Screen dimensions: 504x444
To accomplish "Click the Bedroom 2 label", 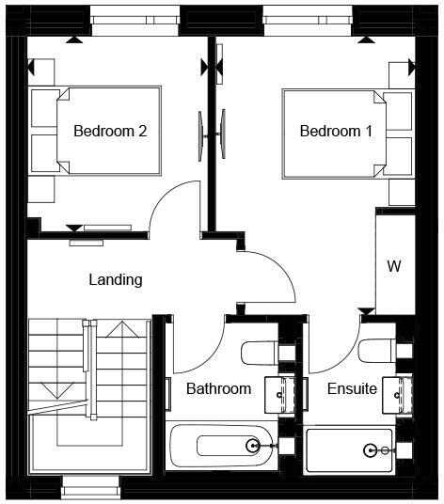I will (110, 132).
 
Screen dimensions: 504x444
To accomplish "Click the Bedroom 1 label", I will (336, 132).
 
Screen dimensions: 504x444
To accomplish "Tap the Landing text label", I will (115, 279).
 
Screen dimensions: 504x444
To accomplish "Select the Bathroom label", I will (218, 388).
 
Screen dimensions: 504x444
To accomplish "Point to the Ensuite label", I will (352, 388).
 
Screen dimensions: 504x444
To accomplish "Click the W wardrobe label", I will (394, 266).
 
